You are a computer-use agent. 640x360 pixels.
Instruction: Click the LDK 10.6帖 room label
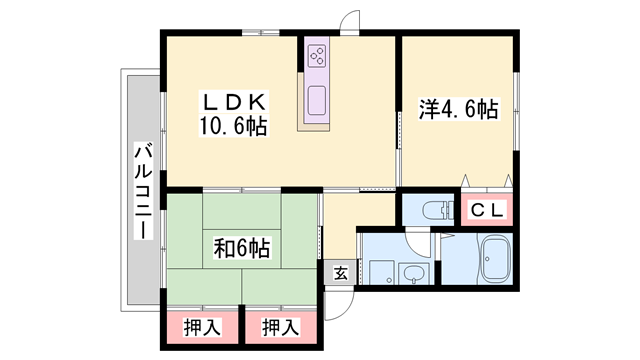pyautogui.click(x=233, y=113)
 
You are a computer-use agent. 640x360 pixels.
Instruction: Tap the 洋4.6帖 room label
pyautogui.click(x=458, y=109)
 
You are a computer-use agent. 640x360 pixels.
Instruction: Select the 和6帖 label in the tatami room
pyautogui.click(x=242, y=248)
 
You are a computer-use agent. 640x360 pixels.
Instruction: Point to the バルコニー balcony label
pyautogui.click(x=143, y=191)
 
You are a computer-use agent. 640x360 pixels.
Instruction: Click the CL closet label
pyautogui.click(x=487, y=210)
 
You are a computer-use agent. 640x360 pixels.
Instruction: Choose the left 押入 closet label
pyautogui.click(x=202, y=327)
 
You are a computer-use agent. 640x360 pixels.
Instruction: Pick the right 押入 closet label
pyautogui.click(x=281, y=327)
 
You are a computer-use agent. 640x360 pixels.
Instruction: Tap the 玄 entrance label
pyautogui.click(x=341, y=274)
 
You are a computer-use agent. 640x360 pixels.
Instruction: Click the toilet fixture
pyautogui.click(x=437, y=210)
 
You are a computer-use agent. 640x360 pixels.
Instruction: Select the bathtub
pyautogui.click(x=496, y=258)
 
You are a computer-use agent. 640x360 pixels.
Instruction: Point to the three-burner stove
pyautogui.click(x=317, y=56)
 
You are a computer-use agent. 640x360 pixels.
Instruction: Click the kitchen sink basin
pyautogui.click(x=317, y=100)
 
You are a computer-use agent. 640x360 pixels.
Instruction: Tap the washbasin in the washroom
pyautogui.click(x=413, y=272)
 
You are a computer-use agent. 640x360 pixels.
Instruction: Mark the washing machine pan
pyautogui.click(x=382, y=272)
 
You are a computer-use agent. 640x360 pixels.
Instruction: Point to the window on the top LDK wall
pyautogui.click(x=260, y=32)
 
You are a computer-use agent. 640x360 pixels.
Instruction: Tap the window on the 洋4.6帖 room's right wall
pyautogui.click(x=516, y=111)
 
